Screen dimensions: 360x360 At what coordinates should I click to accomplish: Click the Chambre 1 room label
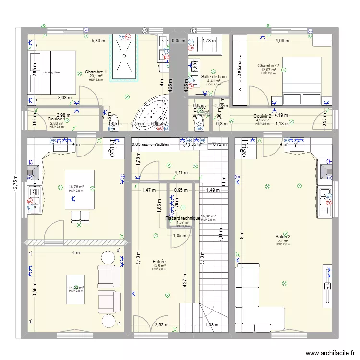(x=96, y=72)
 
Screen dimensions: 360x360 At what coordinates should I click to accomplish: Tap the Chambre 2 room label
(x=268, y=65)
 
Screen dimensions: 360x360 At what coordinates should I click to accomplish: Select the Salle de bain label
(x=214, y=76)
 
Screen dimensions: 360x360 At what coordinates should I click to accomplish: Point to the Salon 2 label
(x=283, y=236)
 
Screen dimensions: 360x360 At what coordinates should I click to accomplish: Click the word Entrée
(x=159, y=262)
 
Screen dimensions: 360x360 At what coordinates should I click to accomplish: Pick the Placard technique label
(x=183, y=218)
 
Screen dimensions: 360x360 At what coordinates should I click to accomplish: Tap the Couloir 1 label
(x=57, y=119)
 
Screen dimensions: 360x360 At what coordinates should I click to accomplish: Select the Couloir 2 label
(x=263, y=116)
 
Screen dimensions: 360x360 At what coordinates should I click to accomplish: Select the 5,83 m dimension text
(x=99, y=41)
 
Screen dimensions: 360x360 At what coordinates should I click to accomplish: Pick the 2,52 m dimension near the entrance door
(x=162, y=325)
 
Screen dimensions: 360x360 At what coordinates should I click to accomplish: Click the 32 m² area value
(x=282, y=241)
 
